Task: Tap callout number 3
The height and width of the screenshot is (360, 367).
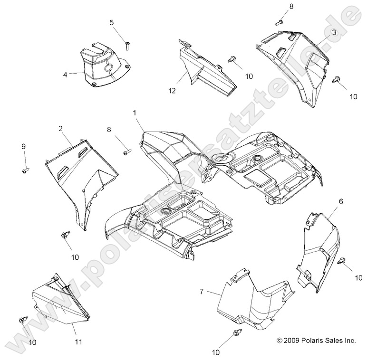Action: point(334,32)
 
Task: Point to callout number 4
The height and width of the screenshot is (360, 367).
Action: point(65,74)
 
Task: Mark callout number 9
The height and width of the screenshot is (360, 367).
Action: point(23,147)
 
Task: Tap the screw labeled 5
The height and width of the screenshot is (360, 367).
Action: point(128,46)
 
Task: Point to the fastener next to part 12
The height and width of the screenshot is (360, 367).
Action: point(232,58)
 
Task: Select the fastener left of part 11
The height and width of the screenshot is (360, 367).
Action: point(23,321)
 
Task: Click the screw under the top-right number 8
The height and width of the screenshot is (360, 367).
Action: point(280,21)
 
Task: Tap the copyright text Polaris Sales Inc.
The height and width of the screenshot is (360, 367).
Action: point(316,340)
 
